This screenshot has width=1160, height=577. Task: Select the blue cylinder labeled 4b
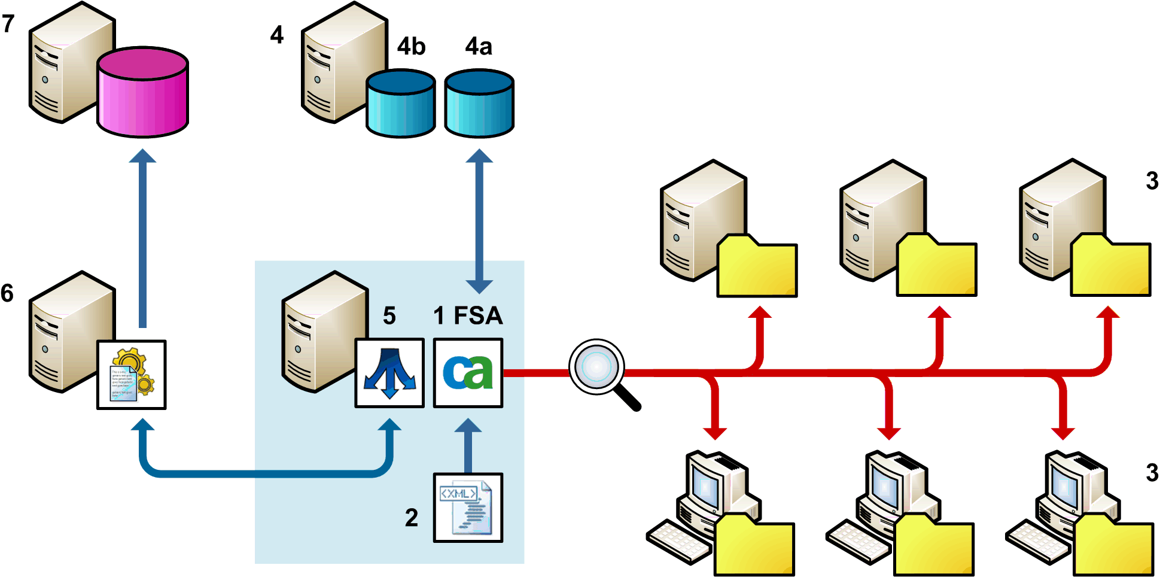pos(400,104)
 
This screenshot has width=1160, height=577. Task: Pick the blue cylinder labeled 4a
pos(479,104)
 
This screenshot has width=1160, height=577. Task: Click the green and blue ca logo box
pos(468,373)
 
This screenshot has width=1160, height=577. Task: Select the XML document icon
pos(468,508)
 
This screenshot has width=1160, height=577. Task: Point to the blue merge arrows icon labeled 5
pos(389,373)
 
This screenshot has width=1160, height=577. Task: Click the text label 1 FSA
pos(468,315)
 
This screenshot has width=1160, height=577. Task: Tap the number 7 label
pos(8,24)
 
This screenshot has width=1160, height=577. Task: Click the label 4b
pos(411,46)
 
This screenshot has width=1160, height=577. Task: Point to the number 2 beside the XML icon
pos(411,518)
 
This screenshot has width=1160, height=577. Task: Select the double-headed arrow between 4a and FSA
pos(479,221)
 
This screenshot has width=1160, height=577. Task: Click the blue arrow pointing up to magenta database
pos(143,239)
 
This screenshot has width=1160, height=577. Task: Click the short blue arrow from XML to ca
pos(468,446)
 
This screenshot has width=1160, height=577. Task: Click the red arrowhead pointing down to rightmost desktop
pos(1062,432)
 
